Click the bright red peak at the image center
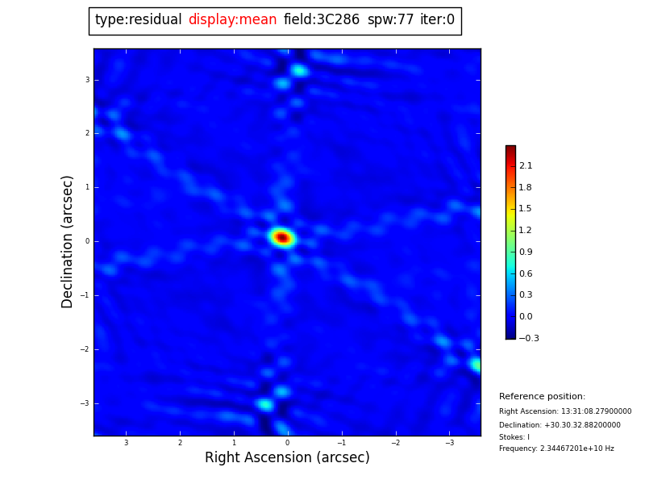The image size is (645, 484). click(x=282, y=237)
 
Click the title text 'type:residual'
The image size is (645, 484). click(x=138, y=20)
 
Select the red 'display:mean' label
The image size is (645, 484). click(x=232, y=20)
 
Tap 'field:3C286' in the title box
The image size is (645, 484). click(x=322, y=20)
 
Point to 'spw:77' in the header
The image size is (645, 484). click(x=390, y=20)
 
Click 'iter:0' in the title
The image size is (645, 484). click(x=437, y=20)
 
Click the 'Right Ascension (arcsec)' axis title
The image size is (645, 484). click(x=287, y=458)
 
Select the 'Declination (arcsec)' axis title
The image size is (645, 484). click(x=68, y=241)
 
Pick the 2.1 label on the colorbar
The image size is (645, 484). click(x=526, y=166)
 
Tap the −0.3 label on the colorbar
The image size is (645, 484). click(x=529, y=339)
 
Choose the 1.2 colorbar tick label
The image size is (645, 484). click(x=526, y=231)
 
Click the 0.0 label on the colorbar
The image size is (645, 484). click(x=526, y=317)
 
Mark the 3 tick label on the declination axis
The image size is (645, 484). click(x=87, y=80)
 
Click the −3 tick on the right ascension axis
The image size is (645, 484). click(x=449, y=443)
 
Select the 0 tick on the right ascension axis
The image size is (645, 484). click(x=287, y=443)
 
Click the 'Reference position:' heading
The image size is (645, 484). click(x=542, y=397)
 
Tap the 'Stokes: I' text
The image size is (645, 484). click(x=514, y=437)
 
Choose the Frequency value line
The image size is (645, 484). click(x=556, y=449)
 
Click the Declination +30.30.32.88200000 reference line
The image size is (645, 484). click(x=560, y=425)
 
